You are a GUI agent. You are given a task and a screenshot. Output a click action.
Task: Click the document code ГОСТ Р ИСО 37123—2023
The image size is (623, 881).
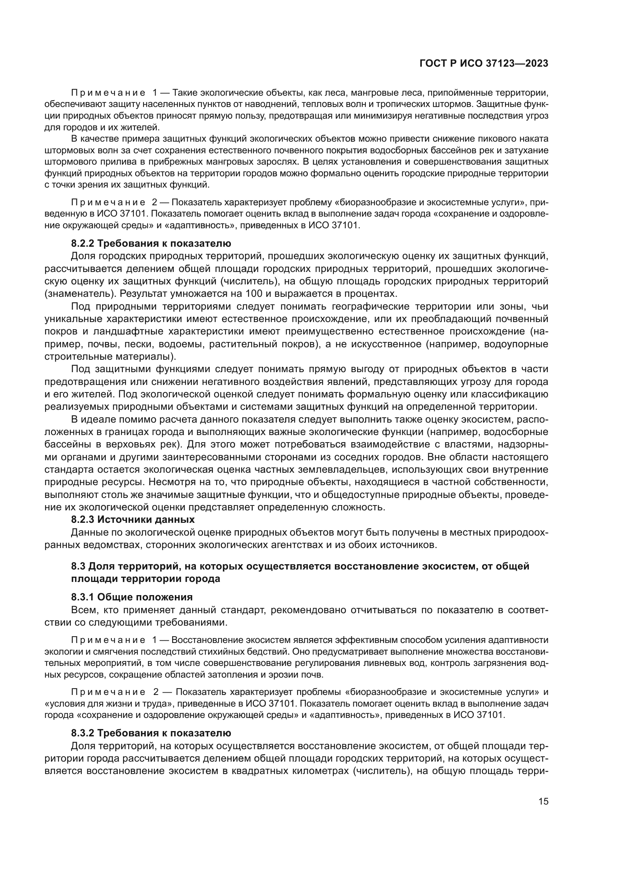[484, 64]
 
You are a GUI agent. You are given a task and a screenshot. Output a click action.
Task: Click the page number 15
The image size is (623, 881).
[543, 801]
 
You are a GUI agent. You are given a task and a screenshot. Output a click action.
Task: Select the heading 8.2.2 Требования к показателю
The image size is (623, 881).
[151, 243]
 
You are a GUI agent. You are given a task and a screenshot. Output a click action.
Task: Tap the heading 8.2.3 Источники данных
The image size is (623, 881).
[133, 519]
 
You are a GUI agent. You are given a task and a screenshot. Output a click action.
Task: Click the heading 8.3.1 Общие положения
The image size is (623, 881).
[131, 597]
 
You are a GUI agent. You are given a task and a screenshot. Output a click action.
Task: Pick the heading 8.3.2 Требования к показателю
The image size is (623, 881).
[151, 733]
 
